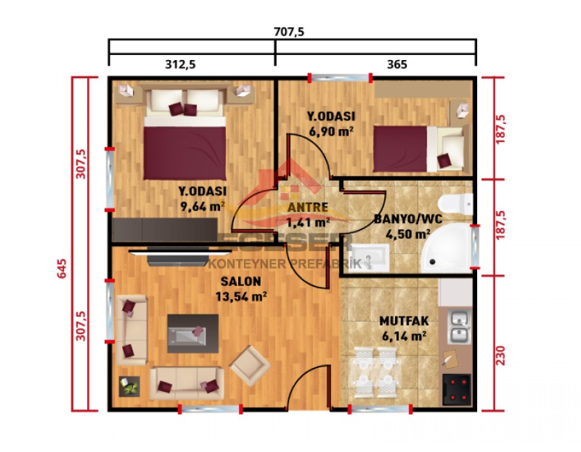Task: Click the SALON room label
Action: pos(241,282)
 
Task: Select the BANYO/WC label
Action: pos(408,218)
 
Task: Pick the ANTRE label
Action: pos(309,207)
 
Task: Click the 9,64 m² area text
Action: pos(202,207)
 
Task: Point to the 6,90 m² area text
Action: pos(332,132)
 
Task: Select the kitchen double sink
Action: pos(459,327)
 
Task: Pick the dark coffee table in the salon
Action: pos(192,333)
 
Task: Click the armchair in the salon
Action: pos(250,365)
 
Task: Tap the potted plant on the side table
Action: pos(130,386)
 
